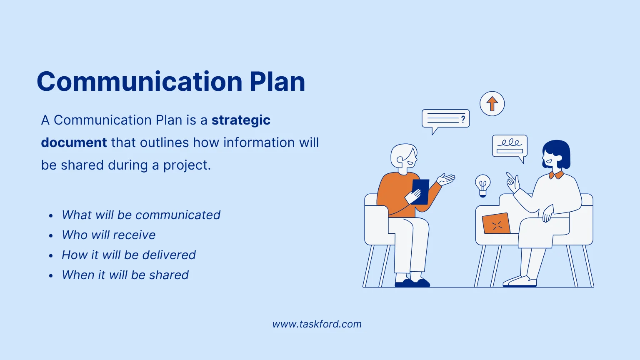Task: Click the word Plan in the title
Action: pos(277,82)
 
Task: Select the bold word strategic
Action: pos(241,120)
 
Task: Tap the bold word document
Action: pos(74,142)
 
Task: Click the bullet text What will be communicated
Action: pos(141,215)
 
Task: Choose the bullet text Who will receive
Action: pos(108,235)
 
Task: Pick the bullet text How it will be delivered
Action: pos(128,255)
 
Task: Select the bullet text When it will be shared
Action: pos(125,275)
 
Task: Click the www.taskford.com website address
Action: pos(317,324)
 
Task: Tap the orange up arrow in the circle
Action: pos(492,104)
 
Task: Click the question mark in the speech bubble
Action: pos(462,120)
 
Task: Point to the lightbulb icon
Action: pos(482,185)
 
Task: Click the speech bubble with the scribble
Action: pos(510,146)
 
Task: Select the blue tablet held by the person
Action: pos(421,191)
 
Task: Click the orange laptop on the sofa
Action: pos(496,224)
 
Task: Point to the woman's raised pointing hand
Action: pos(512,182)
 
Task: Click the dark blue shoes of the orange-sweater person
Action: pos(412,283)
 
